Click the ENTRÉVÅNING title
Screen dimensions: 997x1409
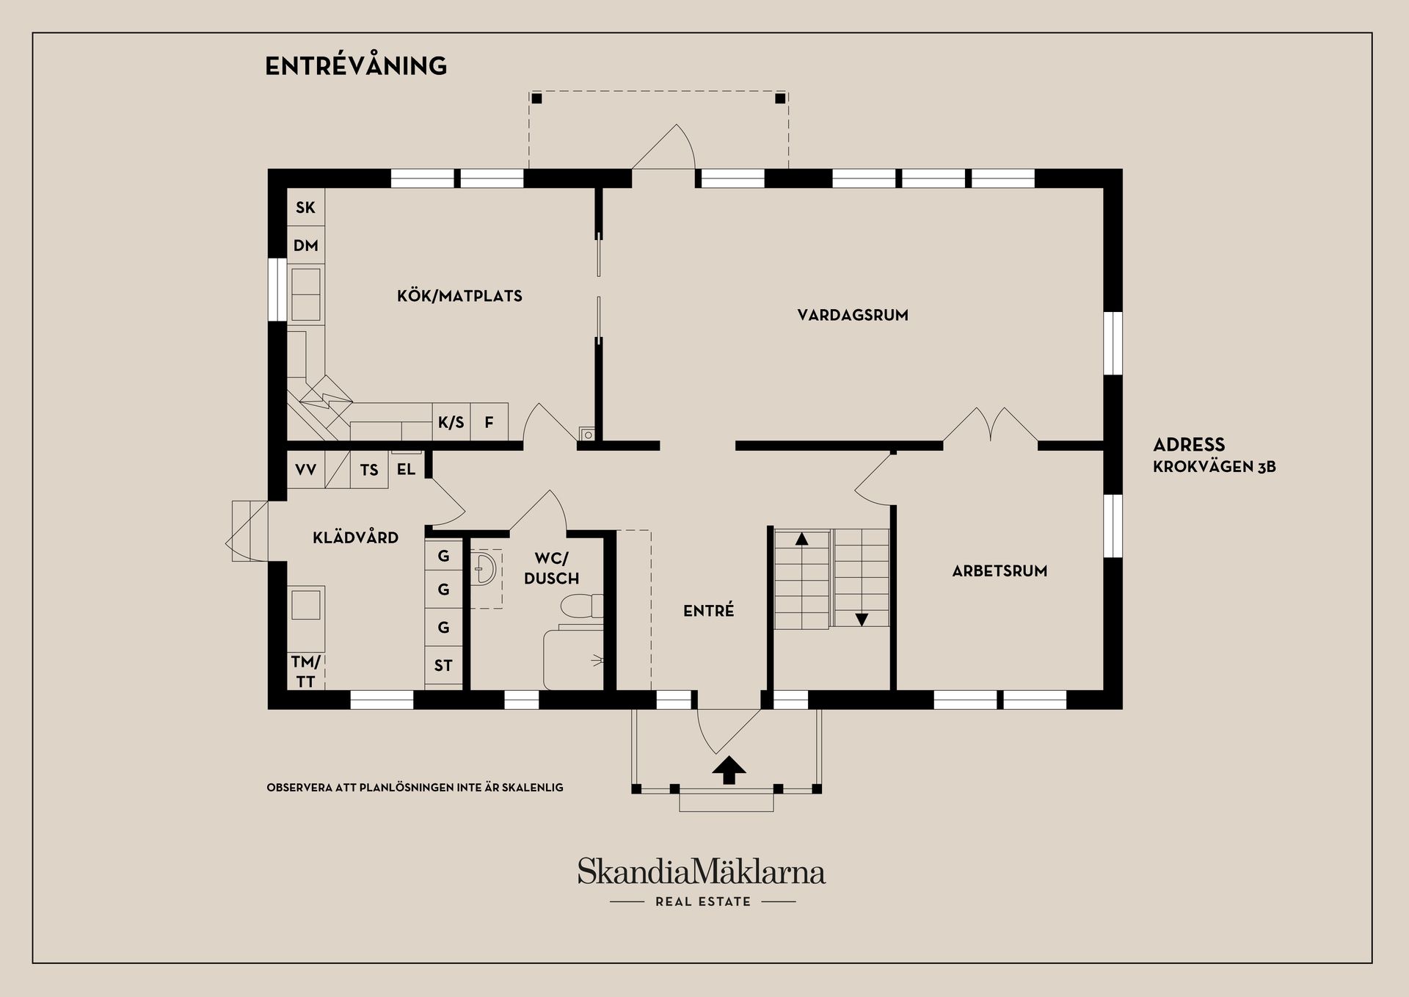click(356, 66)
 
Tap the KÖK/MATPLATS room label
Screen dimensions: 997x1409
click(459, 297)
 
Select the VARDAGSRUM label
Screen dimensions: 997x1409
click(853, 316)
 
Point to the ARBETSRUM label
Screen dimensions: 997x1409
click(1000, 571)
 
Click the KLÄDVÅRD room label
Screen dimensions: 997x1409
click(356, 538)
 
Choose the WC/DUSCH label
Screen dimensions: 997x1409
click(551, 569)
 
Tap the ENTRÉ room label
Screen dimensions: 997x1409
click(708, 611)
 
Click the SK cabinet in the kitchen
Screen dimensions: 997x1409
click(305, 208)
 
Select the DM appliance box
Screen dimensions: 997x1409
click(305, 246)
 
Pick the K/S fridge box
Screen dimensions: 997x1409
click(451, 423)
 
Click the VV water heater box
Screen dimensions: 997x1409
click(305, 470)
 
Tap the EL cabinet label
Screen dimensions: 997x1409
click(406, 470)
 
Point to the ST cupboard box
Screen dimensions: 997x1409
click(443, 666)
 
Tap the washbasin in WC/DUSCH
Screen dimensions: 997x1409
click(484, 569)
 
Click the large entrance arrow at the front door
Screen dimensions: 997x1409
click(729, 770)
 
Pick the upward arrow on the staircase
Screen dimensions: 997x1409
click(801, 539)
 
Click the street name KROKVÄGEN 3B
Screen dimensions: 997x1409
click(1214, 467)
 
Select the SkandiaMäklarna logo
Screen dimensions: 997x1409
click(702, 872)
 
